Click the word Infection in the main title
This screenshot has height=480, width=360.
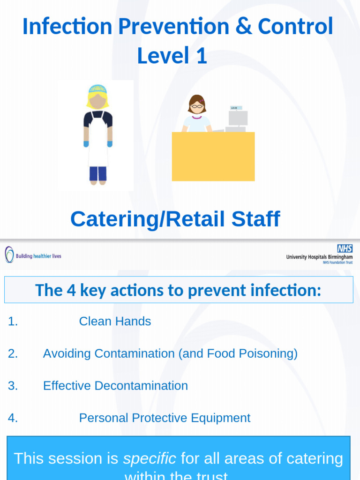(67, 27)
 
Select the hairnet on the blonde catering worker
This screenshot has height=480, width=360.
(97, 89)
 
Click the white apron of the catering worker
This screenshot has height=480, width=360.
(98, 141)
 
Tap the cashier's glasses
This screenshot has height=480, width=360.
(196, 106)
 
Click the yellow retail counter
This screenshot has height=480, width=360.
(213, 157)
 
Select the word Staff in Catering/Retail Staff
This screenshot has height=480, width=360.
(256, 219)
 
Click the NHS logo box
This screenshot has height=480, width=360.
(345, 248)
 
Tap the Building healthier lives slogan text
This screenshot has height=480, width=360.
(38, 256)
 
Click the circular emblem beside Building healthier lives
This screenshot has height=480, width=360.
(9, 255)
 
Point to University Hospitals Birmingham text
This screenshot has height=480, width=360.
(319, 257)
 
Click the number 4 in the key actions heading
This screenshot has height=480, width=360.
(71, 290)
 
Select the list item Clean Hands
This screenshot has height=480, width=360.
(115, 321)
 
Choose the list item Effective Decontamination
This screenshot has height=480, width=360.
(115, 386)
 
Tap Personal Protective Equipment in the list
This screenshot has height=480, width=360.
(165, 418)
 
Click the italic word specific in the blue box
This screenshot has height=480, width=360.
(150, 458)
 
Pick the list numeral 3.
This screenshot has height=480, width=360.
(13, 386)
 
